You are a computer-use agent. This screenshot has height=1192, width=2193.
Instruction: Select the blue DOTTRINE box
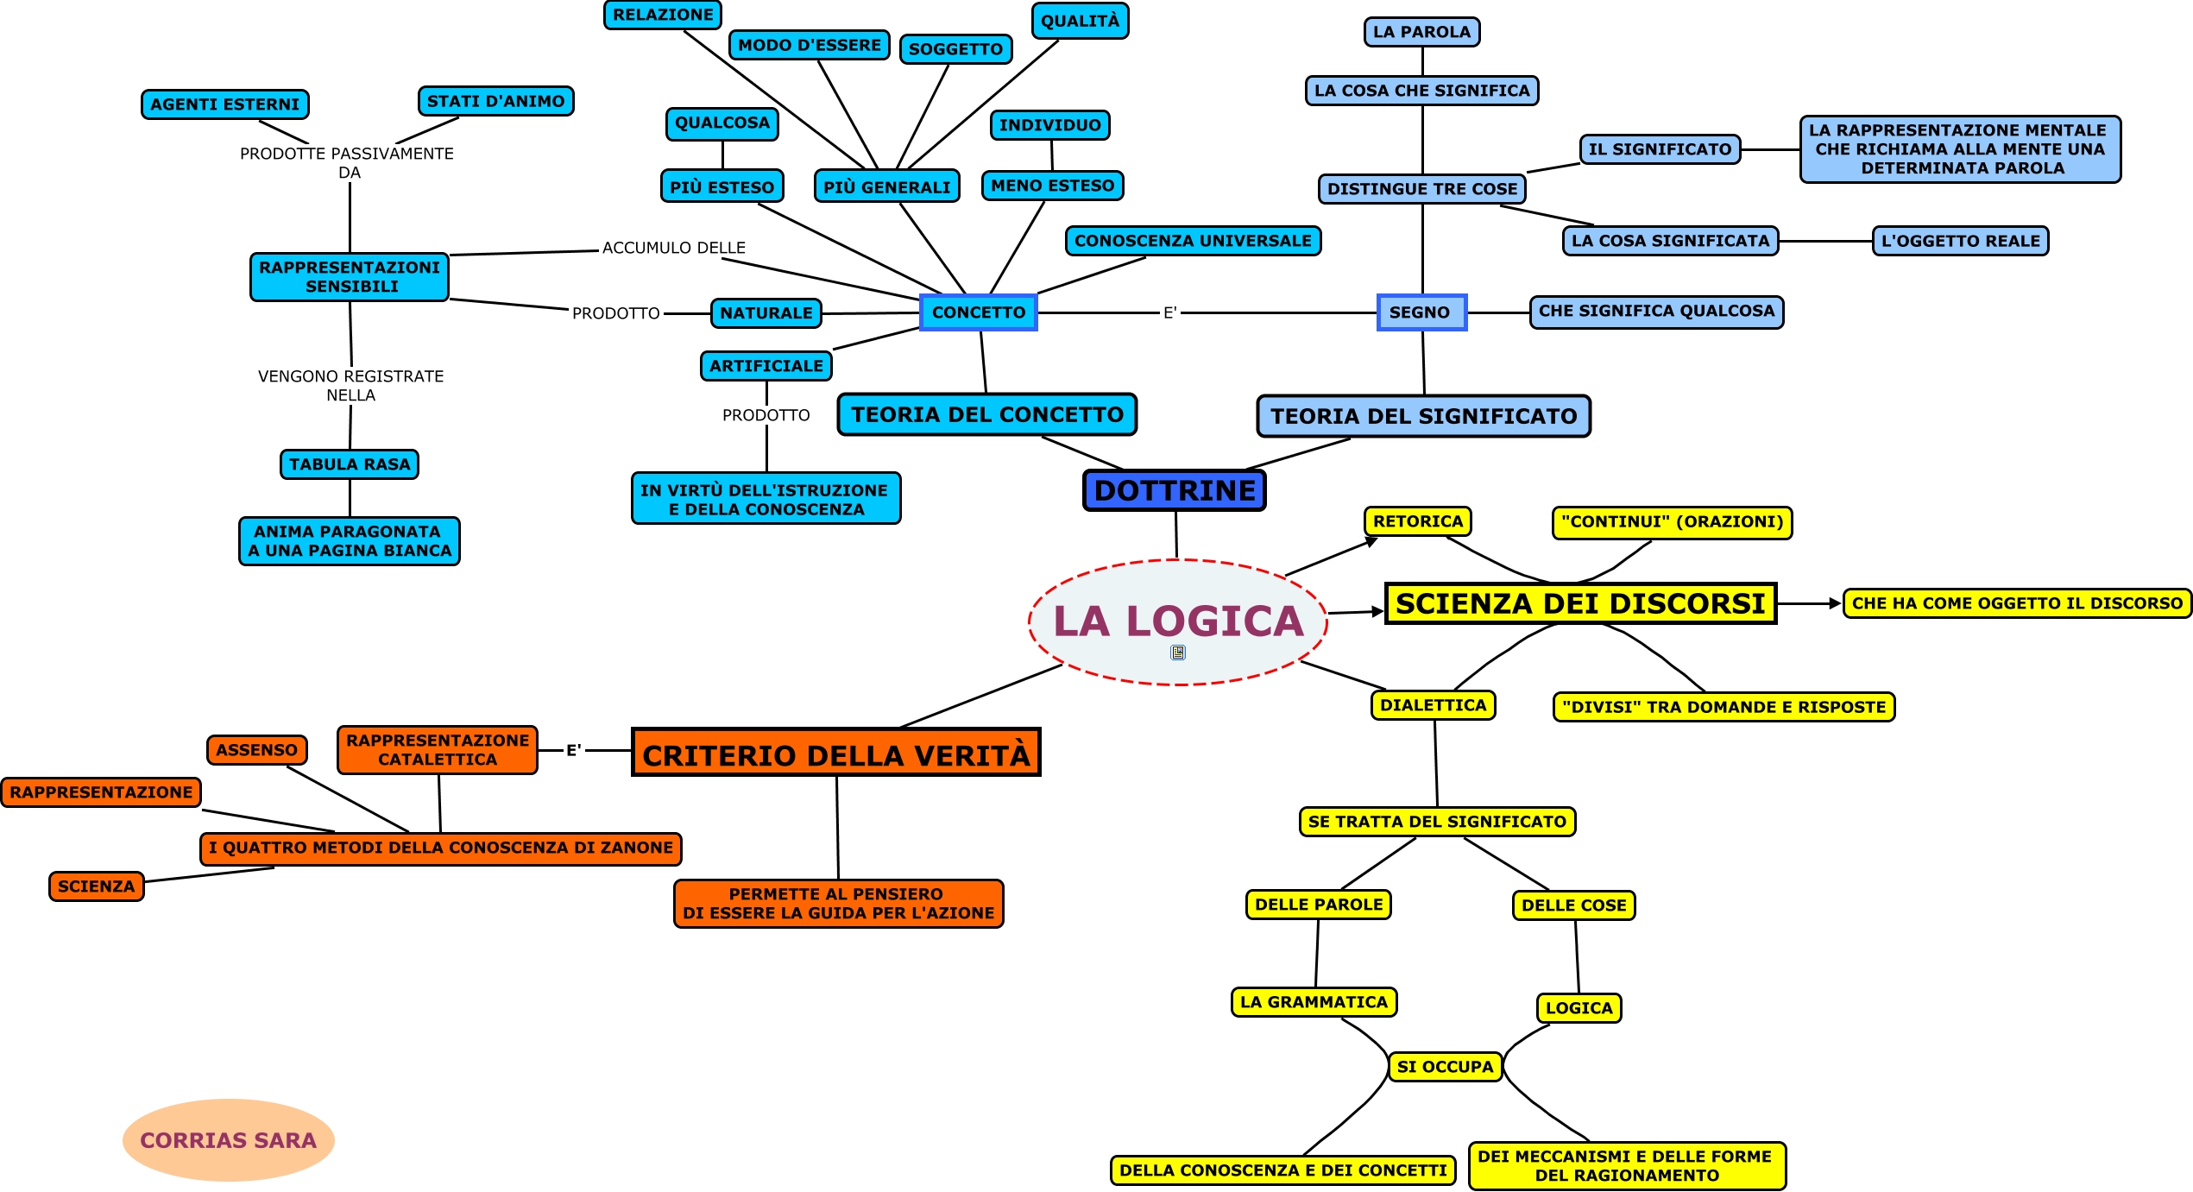(x=1175, y=490)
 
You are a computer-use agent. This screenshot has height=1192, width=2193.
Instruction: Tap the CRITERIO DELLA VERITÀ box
(x=835, y=754)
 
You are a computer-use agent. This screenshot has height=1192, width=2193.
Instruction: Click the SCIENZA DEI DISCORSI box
(x=1580, y=603)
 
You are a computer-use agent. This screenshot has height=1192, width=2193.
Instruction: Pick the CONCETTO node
(x=979, y=312)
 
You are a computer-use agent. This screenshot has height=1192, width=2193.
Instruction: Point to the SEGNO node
(x=1421, y=312)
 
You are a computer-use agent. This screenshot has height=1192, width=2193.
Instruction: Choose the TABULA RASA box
(x=350, y=464)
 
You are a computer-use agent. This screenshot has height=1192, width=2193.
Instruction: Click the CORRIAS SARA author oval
(x=229, y=1140)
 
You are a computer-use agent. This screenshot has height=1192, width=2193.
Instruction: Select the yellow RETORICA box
(x=1418, y=521)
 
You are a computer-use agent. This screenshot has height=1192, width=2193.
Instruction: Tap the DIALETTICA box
(x=1433, y=705)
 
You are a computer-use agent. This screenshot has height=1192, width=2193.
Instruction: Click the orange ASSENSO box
(x=257, y=750)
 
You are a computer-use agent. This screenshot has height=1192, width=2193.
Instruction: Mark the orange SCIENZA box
(x=97, y=886)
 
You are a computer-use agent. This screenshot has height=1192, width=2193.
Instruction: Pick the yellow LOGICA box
(x=1579, y=1008)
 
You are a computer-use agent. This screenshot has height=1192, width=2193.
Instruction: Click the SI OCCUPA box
(x=1445, y=1067)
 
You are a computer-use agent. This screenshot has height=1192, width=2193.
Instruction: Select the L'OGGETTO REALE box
(x=1960, y=241)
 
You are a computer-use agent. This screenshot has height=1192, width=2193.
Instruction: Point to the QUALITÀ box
(x=1080, y=22)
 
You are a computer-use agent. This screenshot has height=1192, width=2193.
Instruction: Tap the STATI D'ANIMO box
(x=495, y=101)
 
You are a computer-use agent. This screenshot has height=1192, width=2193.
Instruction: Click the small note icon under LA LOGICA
(x=1178, y=653)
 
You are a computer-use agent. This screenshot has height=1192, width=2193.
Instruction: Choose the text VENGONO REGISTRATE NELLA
(x=350, y=386)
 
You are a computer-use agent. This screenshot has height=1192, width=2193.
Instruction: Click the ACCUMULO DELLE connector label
(x=673, y=248)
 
